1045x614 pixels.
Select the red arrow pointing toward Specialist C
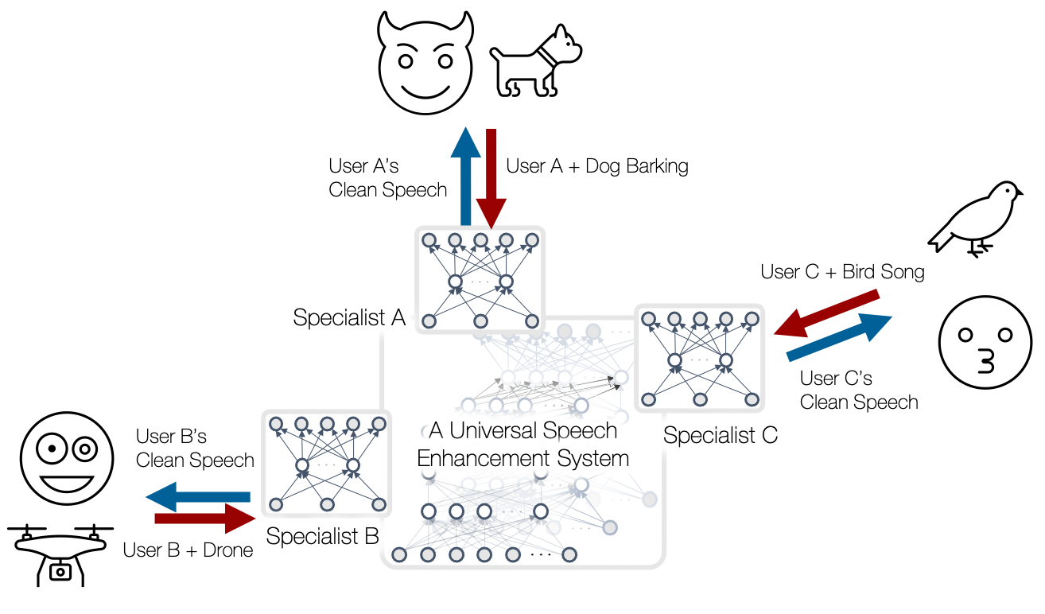pos(827,313)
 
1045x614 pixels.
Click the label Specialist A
pos(349,317)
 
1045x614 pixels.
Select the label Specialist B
pos(322,536)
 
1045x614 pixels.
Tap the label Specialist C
pos(720,435)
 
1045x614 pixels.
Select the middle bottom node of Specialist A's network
pos(480,321)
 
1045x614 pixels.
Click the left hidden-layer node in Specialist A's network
pos(455,282)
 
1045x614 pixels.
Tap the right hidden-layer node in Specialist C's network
pos(725,360)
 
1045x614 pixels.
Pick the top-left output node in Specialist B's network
pos(276,424)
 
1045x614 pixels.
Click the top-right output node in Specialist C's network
pos(751,319)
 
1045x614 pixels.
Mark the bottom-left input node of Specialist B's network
pos(276,504)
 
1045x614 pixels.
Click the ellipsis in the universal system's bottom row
pos(540,554)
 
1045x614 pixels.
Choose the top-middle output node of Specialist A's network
pos(480,239)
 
